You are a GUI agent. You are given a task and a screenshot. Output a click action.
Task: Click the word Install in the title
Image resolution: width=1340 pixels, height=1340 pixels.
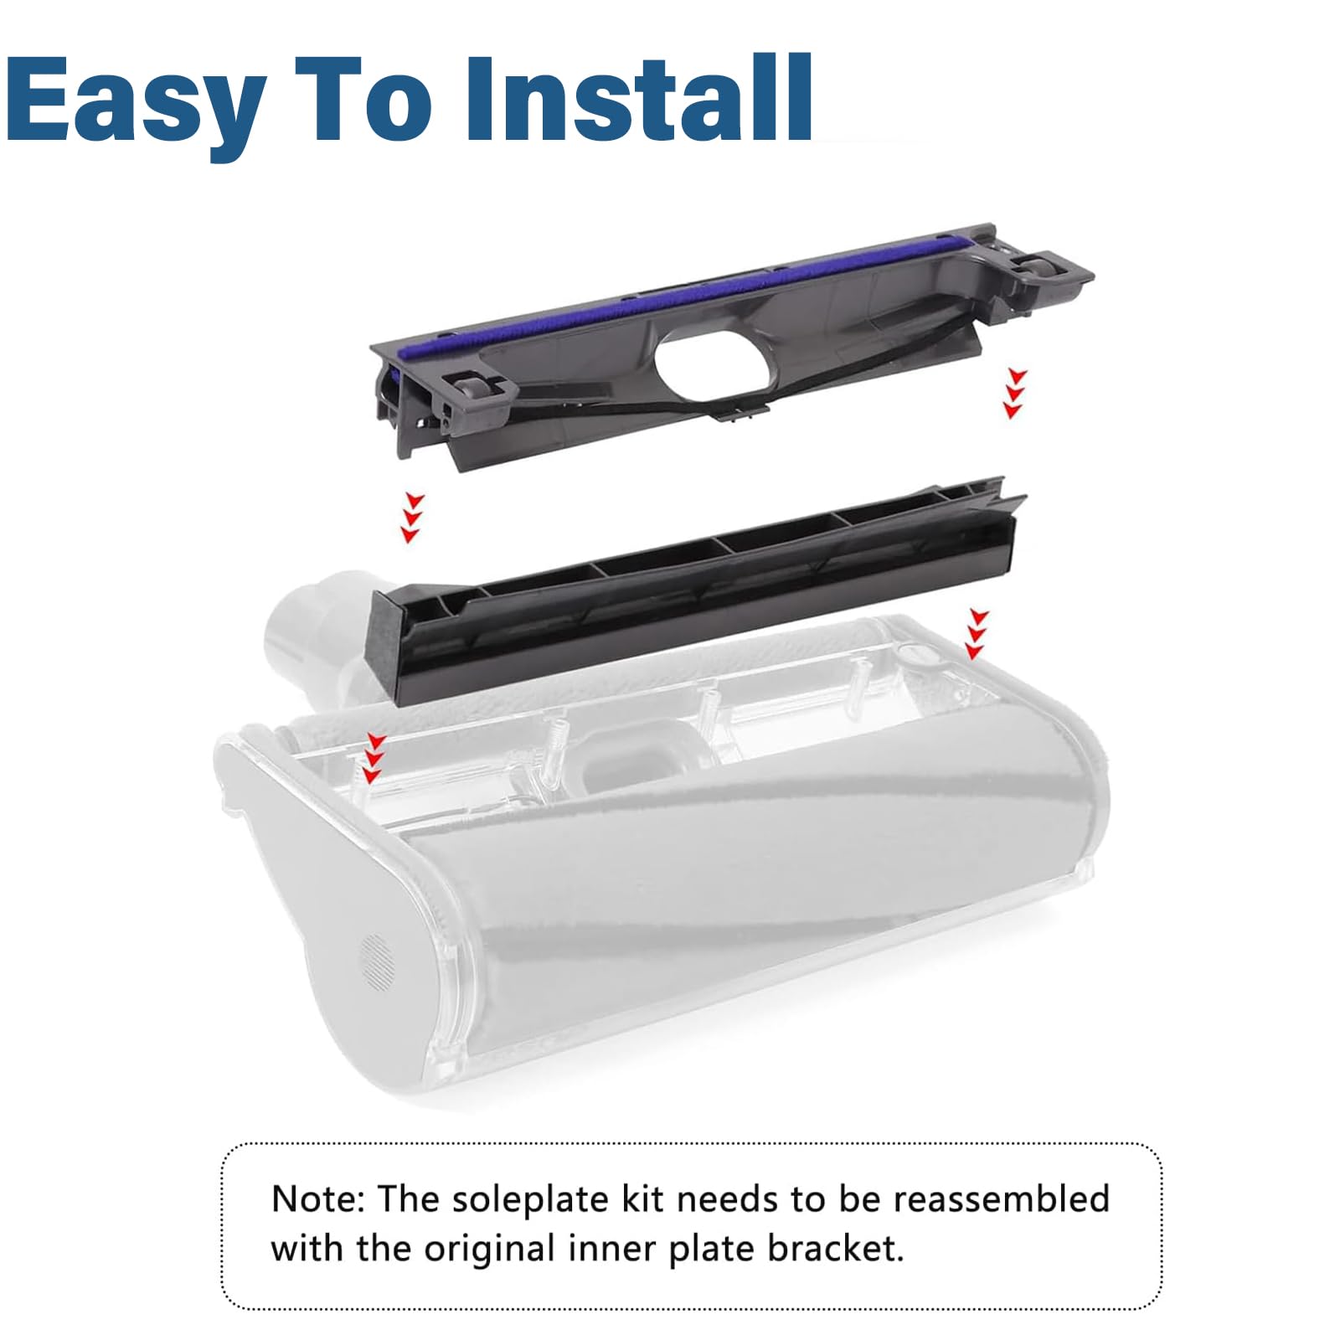(x=639, y=97)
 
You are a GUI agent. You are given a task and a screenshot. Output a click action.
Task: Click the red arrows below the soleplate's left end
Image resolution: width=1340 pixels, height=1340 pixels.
(x=412, y=518)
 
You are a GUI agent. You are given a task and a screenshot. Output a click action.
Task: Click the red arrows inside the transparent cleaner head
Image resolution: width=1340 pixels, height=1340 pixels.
(x=374, y=758)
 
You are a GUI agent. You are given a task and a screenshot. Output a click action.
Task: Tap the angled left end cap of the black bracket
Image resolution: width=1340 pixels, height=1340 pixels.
(x=389, y=644)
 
